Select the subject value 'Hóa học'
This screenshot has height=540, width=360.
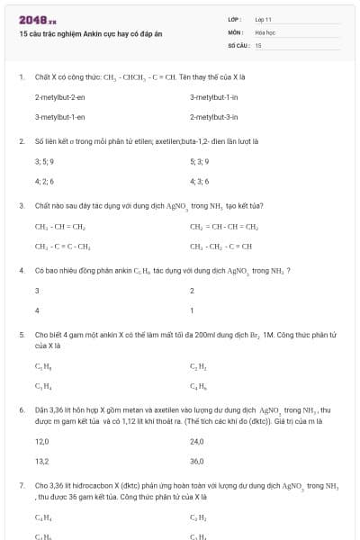click(265, 31)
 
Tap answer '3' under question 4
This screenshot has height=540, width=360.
click(37, 290)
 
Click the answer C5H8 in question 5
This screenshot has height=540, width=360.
click(42, 366)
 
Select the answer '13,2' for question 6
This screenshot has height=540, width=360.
click(41, 461)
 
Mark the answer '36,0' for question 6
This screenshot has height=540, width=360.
click(197, 461)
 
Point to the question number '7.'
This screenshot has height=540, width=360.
click(21, 485)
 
